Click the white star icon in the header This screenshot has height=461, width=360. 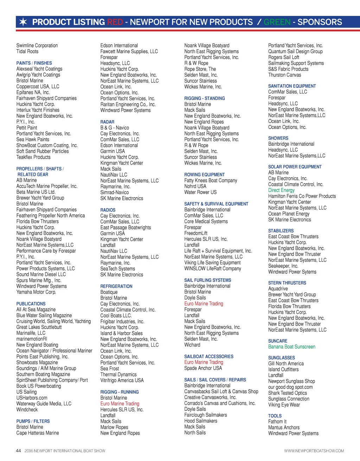(23, 22)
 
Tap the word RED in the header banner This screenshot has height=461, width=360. (115, 22)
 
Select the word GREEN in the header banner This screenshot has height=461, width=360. (277, 22)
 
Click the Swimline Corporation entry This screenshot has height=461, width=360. (37, 45)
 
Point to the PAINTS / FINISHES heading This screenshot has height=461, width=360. (34, 63)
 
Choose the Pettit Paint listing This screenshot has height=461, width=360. (27, 128)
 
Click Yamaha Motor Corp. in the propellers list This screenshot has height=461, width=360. (36, 292)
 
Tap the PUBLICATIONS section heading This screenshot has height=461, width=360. (31, 304)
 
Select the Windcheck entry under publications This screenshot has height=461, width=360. (27, 410)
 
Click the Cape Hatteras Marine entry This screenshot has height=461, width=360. (38, 433)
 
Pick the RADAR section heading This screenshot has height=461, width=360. (107, 122)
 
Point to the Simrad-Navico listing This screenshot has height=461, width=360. (115, 192)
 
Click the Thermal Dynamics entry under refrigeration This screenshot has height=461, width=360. (118, 374)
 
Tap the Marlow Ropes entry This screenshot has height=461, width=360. (114, 427)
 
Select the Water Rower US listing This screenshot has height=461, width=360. (200, 192)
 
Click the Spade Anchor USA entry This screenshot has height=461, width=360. (203, 368)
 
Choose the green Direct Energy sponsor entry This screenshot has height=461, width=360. (281, 190)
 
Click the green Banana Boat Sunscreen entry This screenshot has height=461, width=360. (292, 347)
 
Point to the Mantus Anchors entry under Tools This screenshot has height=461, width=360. (284, 427)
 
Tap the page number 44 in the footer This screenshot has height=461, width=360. (19, 451)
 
